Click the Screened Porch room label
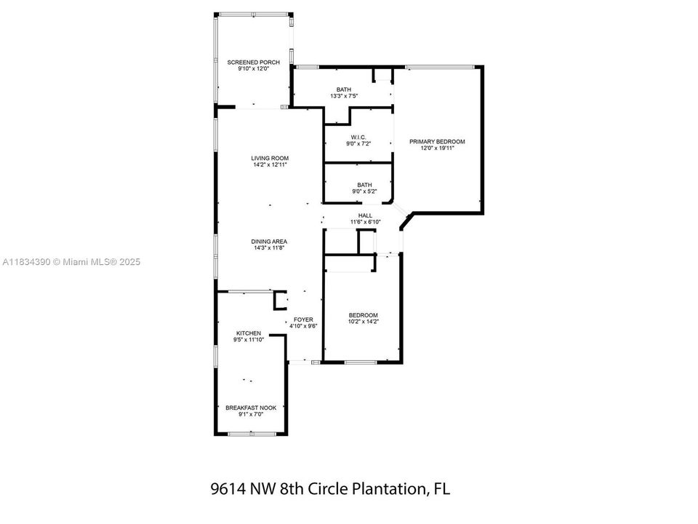(253, 63)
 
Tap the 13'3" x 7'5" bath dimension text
(344, 96)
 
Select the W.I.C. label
(358, 138)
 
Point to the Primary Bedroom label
(437, 142)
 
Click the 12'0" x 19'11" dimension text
(437, 148)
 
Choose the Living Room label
(270, 158)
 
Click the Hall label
(366, 215)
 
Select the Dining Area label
(269, 242)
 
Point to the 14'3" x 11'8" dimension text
(269, 247)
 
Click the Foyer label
(303, 319)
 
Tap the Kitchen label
(249, 333)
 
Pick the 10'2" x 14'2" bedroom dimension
(364, 321)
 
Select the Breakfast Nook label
(251, 408)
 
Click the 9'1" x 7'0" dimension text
(251, 414)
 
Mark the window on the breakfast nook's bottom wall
(252, 433)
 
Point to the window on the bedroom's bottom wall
(361, 362)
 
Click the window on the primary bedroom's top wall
(439, 67)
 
